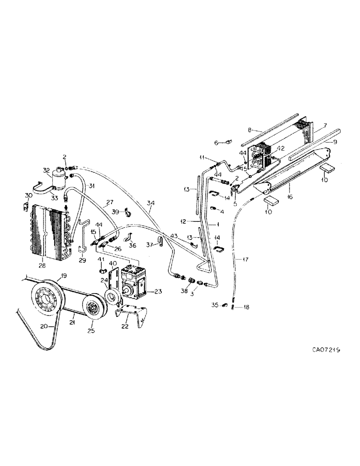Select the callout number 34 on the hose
tap(151, 203)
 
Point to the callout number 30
tap(28, 196)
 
